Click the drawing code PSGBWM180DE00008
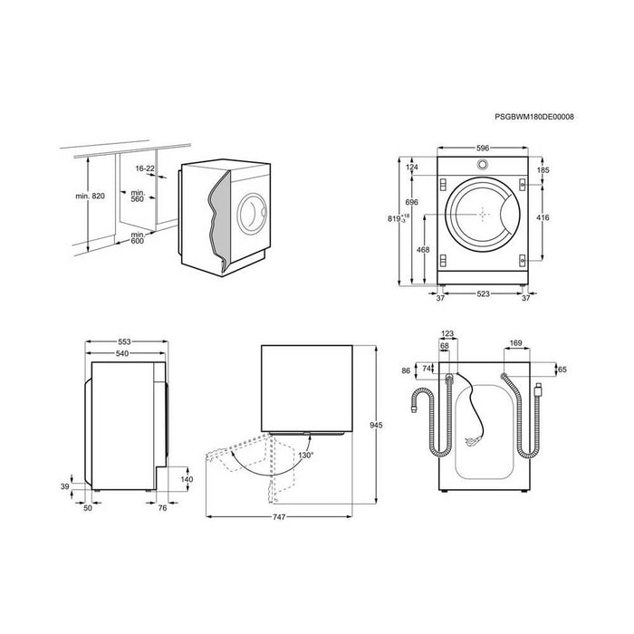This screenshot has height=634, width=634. click(x=534, y=117)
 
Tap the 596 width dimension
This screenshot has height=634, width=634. click(x=483, y=148)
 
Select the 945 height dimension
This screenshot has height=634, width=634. click(x=376, y=425)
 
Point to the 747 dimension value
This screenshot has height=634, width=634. click(x=279, y=517)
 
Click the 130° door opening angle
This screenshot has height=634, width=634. click(x=306, y=456)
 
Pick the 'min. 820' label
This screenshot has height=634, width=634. click(x=90, y=197)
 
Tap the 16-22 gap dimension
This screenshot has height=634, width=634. click(x=145, y=168)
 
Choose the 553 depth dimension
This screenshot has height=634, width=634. click(x=125, y=342)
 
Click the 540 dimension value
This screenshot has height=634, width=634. click(x=122, y=354)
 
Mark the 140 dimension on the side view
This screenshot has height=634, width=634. click(x=187, y=479)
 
